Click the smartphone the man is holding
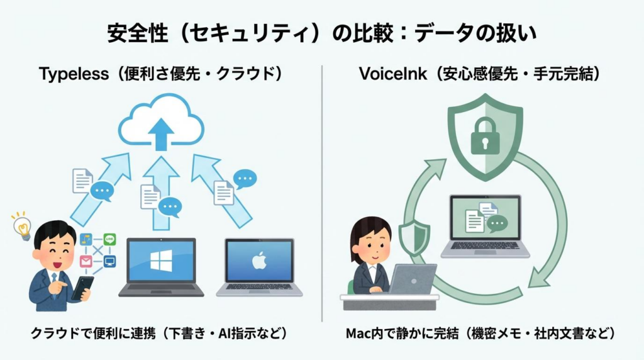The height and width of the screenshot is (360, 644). tap(82, 288)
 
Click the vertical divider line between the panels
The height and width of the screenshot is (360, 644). tap(322, 189)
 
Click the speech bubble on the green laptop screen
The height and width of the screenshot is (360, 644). tap(496, 223)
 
